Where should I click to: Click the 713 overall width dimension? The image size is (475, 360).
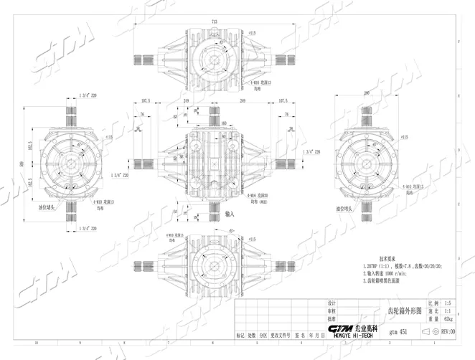pos(215,22)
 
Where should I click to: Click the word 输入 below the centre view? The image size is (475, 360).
pos(230,214)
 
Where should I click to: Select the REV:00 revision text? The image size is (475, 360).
pos(448,332)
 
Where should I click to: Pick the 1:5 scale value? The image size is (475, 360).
pos(450,304)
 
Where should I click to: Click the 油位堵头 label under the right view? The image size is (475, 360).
pos(349,210)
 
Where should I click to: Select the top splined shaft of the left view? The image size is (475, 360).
pos(75,110)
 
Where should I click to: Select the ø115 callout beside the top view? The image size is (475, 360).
pos(252,33)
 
